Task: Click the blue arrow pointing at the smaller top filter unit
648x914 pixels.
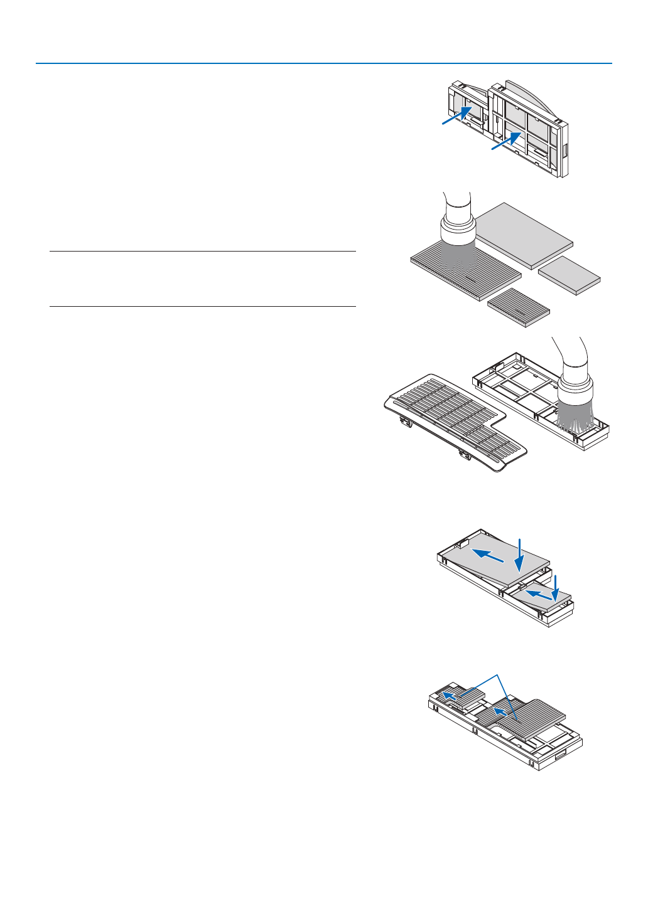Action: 456,115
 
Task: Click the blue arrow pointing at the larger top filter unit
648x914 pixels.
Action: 506,141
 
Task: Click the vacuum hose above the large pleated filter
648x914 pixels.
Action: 456,204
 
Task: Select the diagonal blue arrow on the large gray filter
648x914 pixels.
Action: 488,555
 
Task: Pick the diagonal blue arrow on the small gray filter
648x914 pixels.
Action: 539,593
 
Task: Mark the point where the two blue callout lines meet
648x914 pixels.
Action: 498,675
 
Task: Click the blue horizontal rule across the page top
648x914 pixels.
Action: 324,63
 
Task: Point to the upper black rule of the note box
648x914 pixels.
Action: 202,252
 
